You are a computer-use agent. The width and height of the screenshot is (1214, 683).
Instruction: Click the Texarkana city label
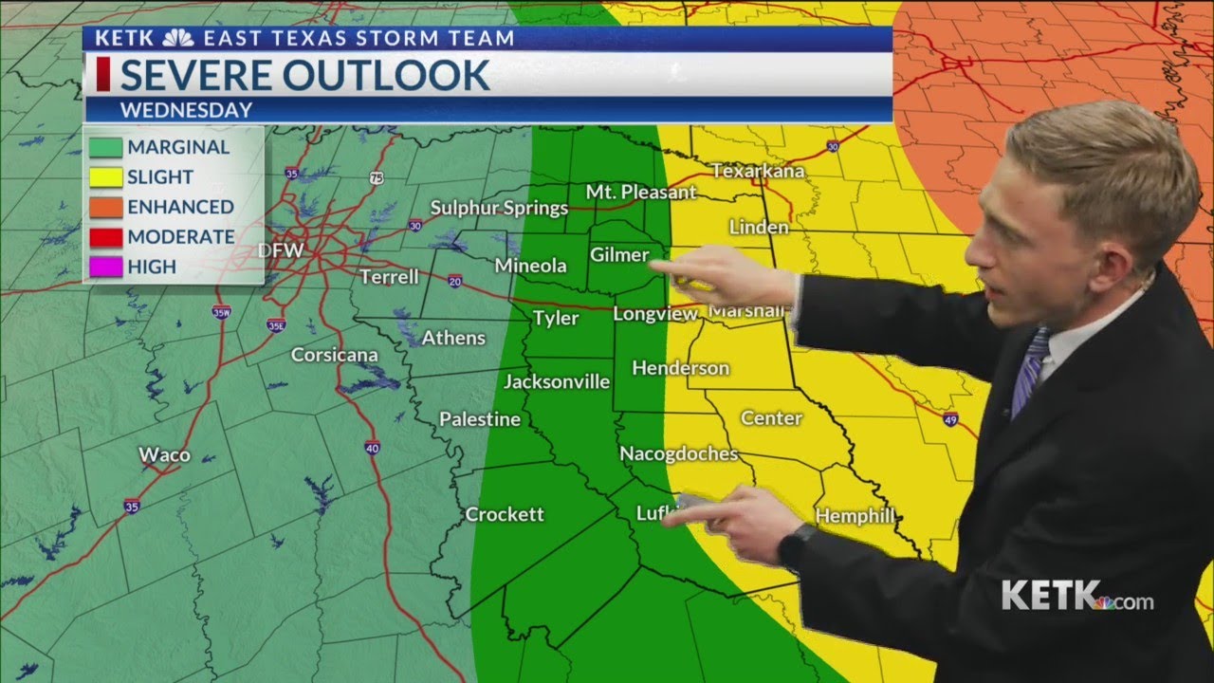pyautogui.click(x=758, y=172)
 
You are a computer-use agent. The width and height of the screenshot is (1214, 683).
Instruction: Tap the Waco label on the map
pyautogui.click(x=164, y=455)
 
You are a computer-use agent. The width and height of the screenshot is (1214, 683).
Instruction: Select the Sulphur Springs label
pyautogui.click(x=499, y=208)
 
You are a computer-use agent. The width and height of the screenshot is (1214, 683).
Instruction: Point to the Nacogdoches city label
pyautogui.click(x=678, y=454)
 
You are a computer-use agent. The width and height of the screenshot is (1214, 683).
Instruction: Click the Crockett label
pyautogui.click(x=505, y=514)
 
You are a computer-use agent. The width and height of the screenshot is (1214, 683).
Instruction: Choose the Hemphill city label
pyautogui.click(x=855, y=516)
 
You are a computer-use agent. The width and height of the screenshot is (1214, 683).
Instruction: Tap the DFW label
pyautogui.click(x=281, y=251)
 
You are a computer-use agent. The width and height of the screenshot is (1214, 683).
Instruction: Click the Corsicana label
pyautogui.click(x=334, y=355)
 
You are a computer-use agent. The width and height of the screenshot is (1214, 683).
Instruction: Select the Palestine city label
pyautogui.click(x=479, y=419)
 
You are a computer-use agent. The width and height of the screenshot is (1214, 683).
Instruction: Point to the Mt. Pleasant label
pyautogui.click(x=640, y=192)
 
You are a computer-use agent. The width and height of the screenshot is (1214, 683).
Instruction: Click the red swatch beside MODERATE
pyautogui.click(x=106, y=237)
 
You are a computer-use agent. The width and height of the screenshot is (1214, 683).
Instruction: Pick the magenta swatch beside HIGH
pyautogui.click(x=106, y=268)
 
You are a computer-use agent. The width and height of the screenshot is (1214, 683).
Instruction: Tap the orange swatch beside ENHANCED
pyautogui.click(x=106, y=207)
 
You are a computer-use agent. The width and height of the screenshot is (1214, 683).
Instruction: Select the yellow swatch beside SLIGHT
pyautogui.click(x=106, y=177)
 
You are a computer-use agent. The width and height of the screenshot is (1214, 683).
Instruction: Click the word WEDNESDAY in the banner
pyautogui.click(x=186, y=110)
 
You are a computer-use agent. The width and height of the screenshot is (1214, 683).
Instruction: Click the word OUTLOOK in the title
pyautogui.click(x=393, y=75)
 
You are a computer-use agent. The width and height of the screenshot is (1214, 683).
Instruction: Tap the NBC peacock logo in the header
pyautogui.click(x=177, y=39)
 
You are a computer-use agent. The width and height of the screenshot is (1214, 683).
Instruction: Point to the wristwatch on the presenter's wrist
pyautogui.click(x=795, y=545)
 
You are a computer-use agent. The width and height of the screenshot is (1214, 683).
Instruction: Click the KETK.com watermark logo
pyautogui.click(x=1076, y=597)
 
